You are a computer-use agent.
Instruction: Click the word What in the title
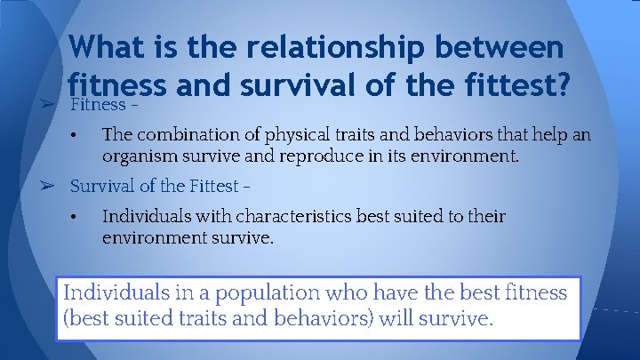point(106,48)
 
